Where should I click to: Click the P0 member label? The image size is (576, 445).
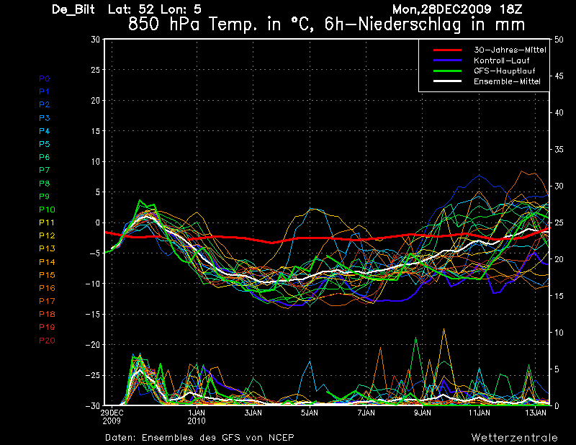pos(45,78)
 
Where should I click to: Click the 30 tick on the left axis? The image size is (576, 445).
pos(95,40)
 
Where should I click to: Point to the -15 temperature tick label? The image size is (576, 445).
pos(93,315)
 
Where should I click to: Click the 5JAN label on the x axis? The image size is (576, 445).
pos(310,413)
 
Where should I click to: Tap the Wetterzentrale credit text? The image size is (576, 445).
pos(514,438)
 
